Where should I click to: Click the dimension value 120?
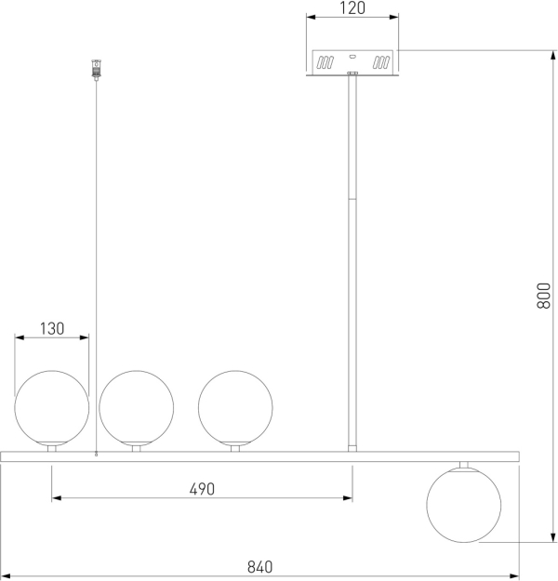pos(352,8)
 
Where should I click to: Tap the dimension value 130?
pos(52,329)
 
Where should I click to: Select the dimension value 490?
pos(202,489)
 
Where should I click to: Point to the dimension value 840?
pos(259,567)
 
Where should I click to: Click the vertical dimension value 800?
pos(543,296)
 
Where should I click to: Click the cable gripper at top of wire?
pos(97,70)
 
